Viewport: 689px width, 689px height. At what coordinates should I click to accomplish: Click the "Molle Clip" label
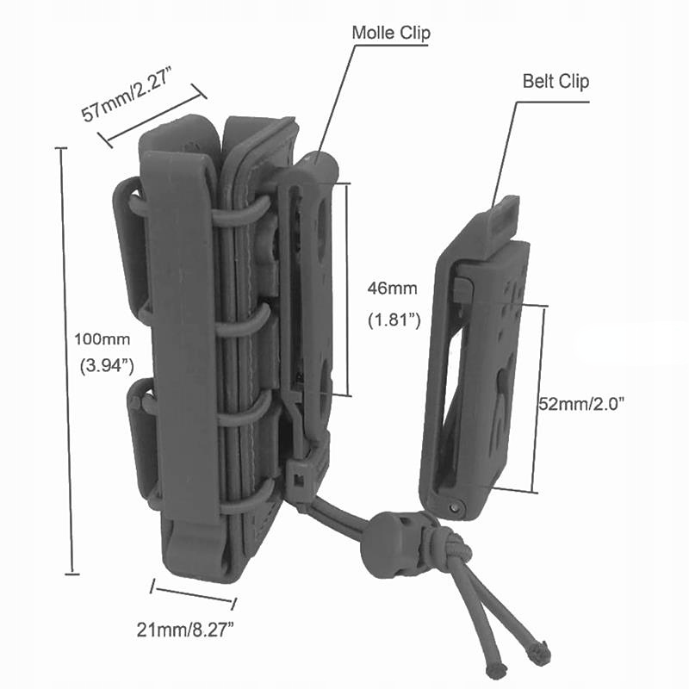point(391,34)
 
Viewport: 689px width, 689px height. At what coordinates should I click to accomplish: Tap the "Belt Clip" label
point(556,82)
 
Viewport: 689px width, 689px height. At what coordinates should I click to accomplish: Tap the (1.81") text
point(394,320)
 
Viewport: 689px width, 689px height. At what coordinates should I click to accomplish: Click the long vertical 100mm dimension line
point(72,362)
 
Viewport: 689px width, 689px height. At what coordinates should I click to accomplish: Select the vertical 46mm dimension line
point(348,289)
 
